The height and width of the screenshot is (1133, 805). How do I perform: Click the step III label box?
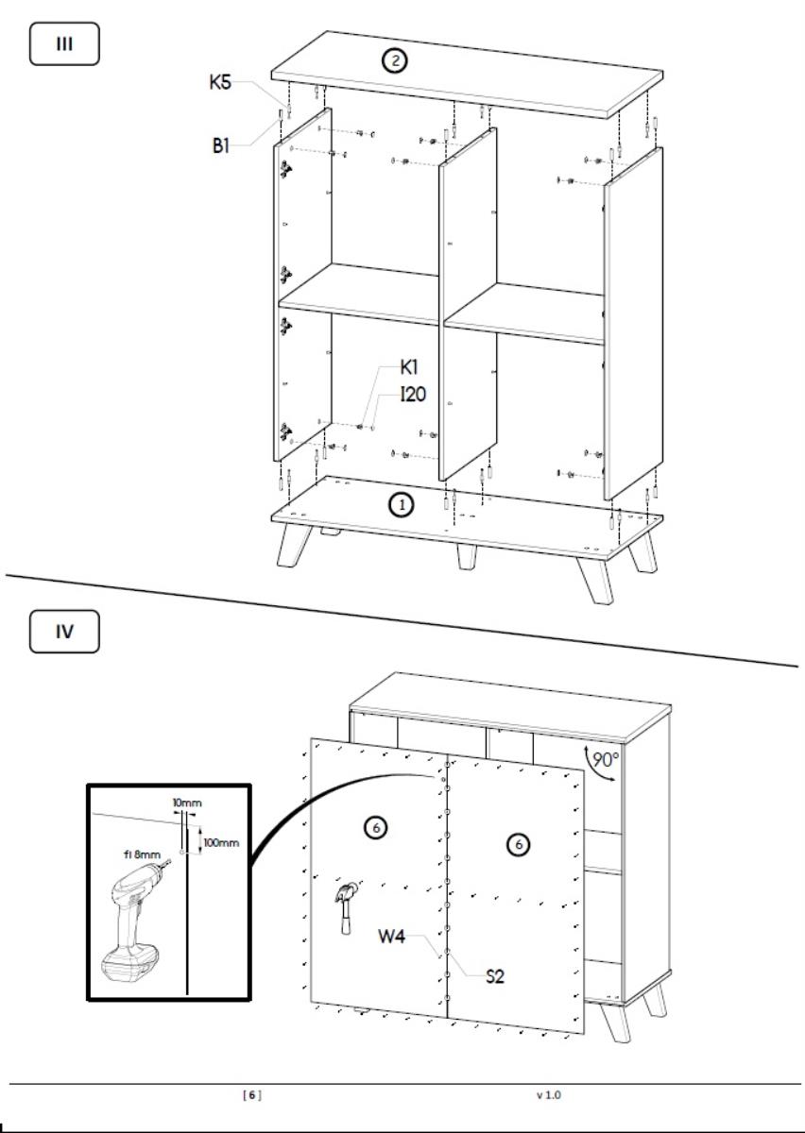tap(64, 43)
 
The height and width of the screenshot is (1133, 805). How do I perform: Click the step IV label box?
tap(64, 632)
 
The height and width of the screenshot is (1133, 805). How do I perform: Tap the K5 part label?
tap(220, 82)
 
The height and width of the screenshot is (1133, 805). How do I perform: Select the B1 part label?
tap(221, 146)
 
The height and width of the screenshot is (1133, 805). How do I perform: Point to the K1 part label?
tap(409, 367)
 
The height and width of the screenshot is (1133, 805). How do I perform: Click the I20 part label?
tap(413, 395)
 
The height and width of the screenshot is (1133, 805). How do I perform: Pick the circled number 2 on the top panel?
tap(394, 61)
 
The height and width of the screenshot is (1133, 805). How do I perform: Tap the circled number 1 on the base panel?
tap(402, 505)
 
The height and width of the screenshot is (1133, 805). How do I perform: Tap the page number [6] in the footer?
tap(252, 1095)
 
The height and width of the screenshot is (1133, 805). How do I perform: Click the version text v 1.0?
tap(549, 1095)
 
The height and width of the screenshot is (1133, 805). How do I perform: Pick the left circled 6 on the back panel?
tap(376, 828)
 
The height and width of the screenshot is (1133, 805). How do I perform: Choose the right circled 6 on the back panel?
tap(518, 844)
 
